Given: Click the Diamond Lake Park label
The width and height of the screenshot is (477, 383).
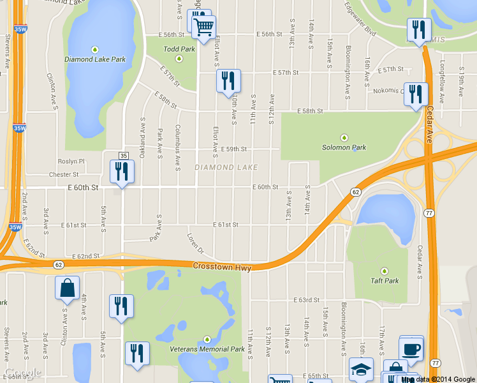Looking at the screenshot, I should [x=94, y=59].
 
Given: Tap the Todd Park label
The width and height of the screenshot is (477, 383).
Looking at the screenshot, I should [x=179, y=49].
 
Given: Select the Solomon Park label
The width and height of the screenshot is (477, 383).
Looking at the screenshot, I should [x=344, y=147].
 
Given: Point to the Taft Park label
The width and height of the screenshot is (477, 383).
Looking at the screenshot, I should [x=385, y=280].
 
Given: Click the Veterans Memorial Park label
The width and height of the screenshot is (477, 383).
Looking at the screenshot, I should [x=207, y=349].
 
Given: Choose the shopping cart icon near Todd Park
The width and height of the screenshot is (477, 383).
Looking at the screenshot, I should [x=204, y=27].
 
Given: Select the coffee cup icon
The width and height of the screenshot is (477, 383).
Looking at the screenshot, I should [x=411, y=350].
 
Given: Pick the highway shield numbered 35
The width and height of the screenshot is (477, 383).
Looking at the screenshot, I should [x=124, y=156].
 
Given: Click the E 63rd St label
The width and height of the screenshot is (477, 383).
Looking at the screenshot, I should [x=306, y=300].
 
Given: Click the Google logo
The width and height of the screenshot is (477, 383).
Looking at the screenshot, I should [x=23, y=373].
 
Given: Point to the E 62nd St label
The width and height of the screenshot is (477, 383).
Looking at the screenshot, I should [x=87, y=256].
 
